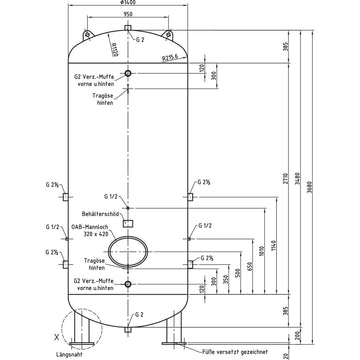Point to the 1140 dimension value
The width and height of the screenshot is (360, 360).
click(272, 245)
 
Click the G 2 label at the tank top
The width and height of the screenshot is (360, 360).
click(141, 38)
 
